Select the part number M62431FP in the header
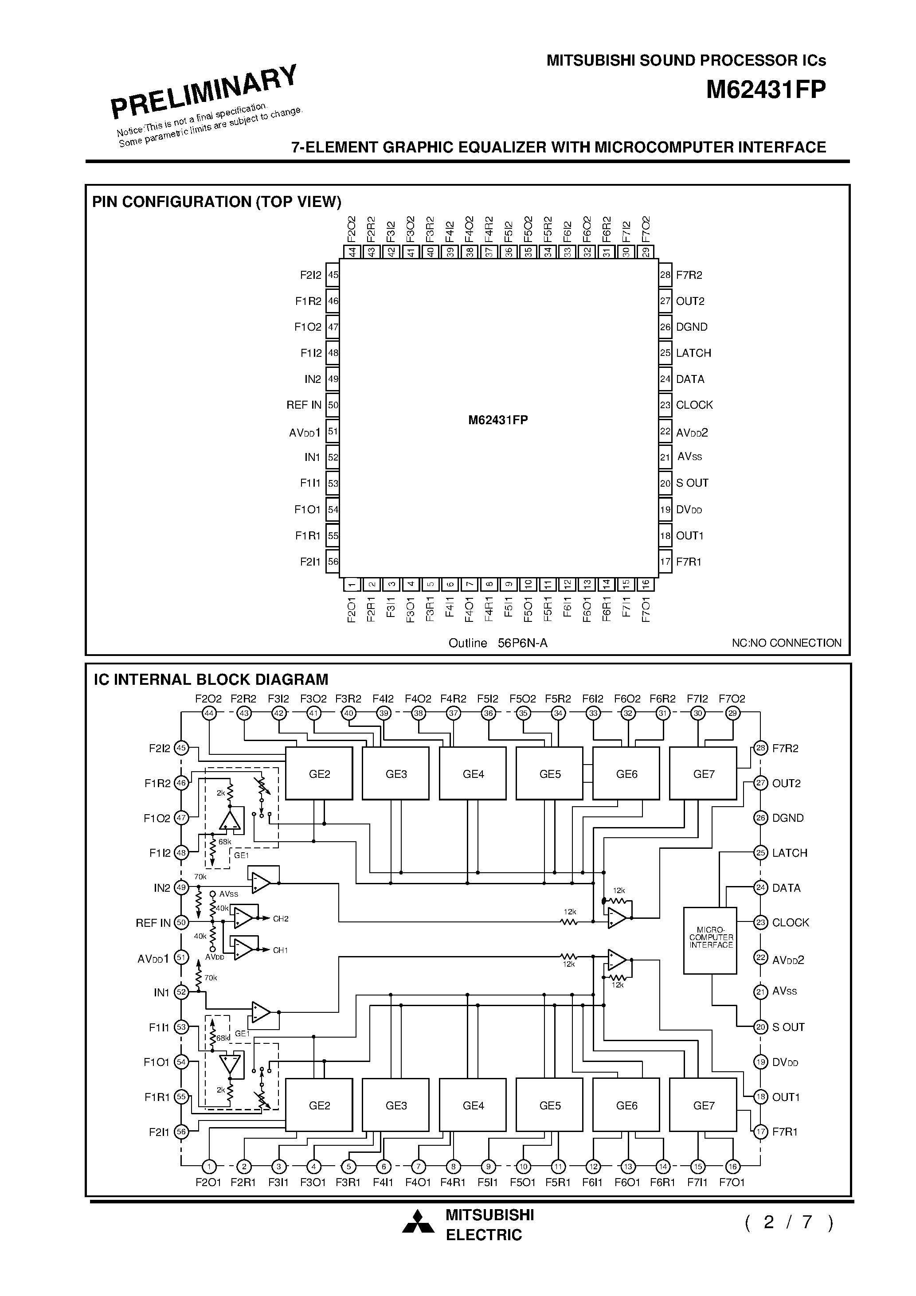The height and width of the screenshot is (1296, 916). point(765,90)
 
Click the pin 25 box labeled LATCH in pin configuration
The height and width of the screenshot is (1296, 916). point(665,353)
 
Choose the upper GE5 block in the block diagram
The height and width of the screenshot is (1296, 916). point(549,774)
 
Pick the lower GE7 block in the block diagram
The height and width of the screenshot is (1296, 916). point(703,1105)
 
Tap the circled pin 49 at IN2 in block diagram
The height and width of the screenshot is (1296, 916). point(181,888)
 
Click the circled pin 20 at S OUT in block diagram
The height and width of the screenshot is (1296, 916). point(761,1027)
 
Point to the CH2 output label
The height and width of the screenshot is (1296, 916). point(281,919)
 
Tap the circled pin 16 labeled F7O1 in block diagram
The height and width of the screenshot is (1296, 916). point(732,1166)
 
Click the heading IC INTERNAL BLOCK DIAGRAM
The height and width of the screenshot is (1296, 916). point(211,679)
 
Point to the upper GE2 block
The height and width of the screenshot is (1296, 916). point(319,774)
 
